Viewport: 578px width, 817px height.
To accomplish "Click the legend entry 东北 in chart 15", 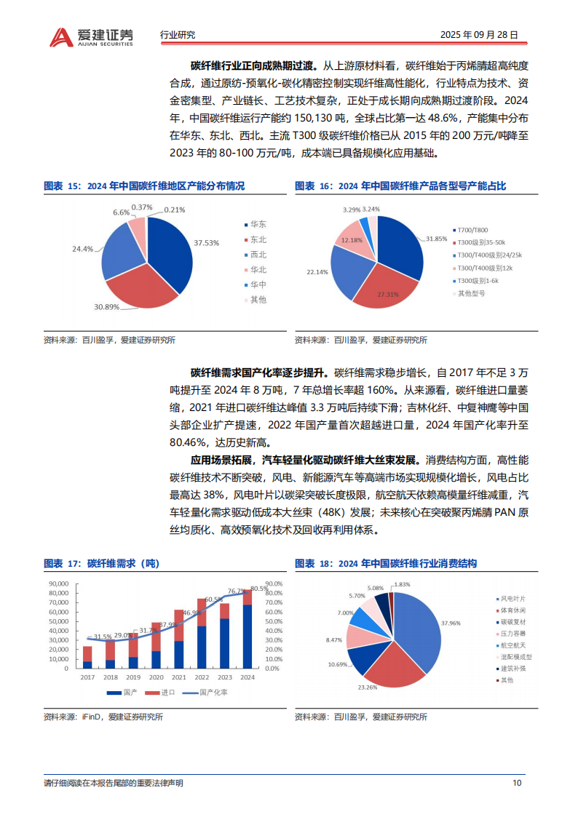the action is [x=258, y=239].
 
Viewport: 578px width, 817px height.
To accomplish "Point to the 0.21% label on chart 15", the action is [x=174, y=210].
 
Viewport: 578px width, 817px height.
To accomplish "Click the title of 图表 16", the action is [x=400, y=186].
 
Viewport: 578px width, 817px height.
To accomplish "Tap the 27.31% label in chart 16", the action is [x=387, y=295].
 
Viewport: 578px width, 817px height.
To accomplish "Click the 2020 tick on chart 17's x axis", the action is [x=156, y=677].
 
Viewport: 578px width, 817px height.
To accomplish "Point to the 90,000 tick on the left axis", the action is [x=58, y=583].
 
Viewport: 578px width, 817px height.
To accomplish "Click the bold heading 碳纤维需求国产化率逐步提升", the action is [x=247, y=371].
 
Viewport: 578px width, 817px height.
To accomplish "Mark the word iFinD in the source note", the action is [x=90, y=717].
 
